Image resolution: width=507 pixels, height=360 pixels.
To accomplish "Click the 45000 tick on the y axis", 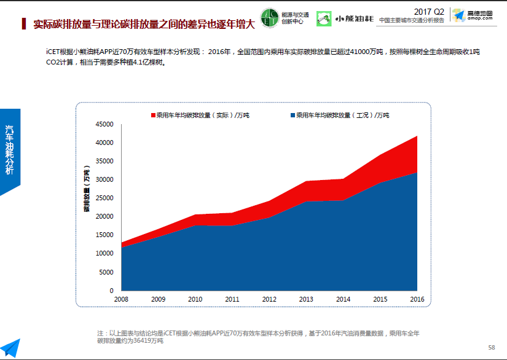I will (x=105, y=125).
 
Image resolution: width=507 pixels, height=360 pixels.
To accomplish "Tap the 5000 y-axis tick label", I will (x=107, y=272).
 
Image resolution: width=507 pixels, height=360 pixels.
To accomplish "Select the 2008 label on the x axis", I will (x=121, y=299).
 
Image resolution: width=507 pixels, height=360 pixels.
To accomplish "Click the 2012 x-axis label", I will (x=269, y=299).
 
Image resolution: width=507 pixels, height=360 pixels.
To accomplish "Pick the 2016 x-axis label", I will (x=417, y=299).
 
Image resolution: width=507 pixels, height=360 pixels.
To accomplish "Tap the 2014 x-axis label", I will (x=344, y=299).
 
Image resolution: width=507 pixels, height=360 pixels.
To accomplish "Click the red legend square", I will (x=153, y=115).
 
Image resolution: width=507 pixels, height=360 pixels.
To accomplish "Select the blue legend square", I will (x=293, y=115).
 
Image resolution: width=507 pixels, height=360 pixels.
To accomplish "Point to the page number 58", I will (x=491, y=347).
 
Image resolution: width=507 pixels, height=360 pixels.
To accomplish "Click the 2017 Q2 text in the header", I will (x=429, y=12).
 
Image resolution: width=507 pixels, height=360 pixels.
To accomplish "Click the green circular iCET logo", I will (x=269, y=17).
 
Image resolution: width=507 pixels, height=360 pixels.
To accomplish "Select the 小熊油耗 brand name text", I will (x=354, y=19).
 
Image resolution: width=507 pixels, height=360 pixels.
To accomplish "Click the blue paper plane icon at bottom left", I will (x=10, y=348).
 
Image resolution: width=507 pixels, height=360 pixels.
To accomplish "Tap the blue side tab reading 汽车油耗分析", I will (x=10, y=151).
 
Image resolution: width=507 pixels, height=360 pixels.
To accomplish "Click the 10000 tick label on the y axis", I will (x=105, y=253).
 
